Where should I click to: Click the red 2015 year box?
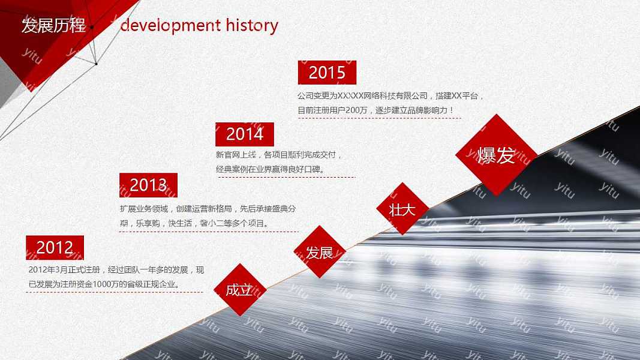tap(327, 73)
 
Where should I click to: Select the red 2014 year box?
tap(245, 134)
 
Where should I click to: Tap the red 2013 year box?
tap(148, 185)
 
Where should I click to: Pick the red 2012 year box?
tap(55, 247)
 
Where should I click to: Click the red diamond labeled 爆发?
tap(496, 155)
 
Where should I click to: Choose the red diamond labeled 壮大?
tap(402, 209)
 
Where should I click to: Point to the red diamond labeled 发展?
tap(320, 252)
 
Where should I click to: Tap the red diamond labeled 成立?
tap(239, 290)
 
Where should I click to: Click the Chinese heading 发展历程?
tap(53, 26)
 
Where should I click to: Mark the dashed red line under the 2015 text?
tap(379, 118)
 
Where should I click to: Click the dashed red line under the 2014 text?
tap(286, 177)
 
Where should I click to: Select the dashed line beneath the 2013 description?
tap(209, 232)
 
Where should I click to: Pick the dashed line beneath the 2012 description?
tap(114, 292)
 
